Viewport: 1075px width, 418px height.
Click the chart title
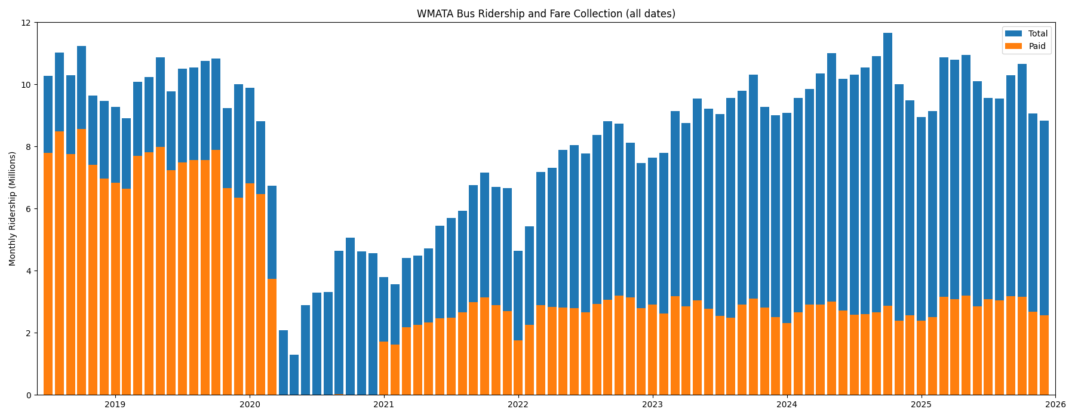(546, 14)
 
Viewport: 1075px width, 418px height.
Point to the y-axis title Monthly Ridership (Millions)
(13, 208)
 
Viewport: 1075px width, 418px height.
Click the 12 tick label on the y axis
(26, 23)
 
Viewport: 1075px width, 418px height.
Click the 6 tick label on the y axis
(28, 209)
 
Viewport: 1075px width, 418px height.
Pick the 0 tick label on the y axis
(28, 395)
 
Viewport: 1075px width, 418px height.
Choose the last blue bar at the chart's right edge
(1044, 215)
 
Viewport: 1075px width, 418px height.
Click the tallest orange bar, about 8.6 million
(81, 263)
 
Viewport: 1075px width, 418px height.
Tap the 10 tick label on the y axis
(26, 85)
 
